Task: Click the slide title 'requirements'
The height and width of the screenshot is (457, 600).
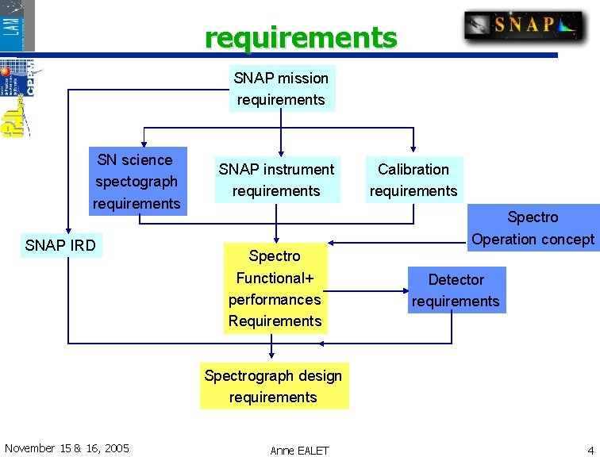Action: [301, 37]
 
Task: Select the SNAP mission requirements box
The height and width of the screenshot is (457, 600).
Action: [281, 89]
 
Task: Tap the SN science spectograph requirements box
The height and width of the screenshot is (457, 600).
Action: [137, 182]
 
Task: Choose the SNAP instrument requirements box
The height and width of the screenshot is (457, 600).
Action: [276, 180]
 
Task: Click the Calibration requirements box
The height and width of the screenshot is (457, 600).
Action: [413, 180]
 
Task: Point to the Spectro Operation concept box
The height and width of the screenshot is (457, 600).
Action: [533, 228]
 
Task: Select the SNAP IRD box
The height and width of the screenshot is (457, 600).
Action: [60, 245]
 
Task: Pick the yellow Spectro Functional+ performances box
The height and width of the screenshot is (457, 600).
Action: [275, 288]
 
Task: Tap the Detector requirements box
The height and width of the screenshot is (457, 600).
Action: [456, 290]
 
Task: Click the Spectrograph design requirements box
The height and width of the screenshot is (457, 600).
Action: [273, 386]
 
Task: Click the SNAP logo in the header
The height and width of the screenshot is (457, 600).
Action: [524, 25]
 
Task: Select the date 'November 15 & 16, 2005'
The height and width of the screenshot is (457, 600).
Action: [67, 448]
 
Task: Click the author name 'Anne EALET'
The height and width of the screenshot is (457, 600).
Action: [299, 450]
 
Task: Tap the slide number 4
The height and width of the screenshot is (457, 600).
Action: [590, 450]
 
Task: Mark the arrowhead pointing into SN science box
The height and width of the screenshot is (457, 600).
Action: [143, 144]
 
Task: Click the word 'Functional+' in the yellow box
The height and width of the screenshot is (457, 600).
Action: [275, 278]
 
